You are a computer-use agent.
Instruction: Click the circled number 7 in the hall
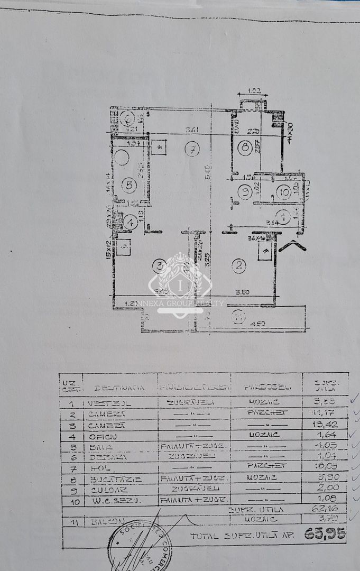192,149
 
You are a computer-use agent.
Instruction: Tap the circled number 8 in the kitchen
244,148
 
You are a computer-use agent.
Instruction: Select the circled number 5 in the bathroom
128,185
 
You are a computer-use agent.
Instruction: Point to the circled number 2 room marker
239,266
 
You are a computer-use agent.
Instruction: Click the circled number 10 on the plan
283,192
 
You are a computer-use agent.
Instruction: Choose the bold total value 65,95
325,534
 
